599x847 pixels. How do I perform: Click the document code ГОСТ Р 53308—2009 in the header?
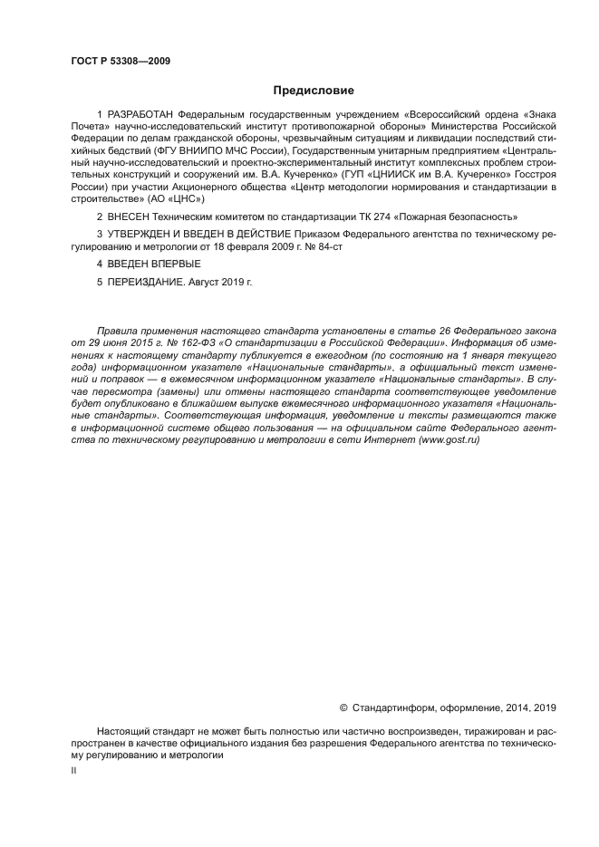coord(121,62)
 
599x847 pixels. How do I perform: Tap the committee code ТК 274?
coord(361,217)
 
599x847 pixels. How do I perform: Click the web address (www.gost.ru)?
coord(449,439)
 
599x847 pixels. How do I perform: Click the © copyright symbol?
coord(343,707)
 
